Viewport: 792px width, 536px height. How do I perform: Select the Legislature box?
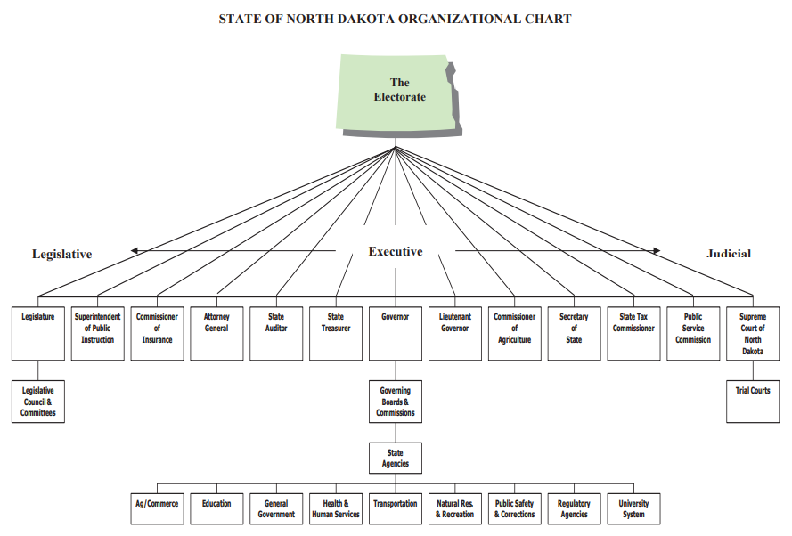coord(38,334)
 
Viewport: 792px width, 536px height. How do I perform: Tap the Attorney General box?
coord(216,334)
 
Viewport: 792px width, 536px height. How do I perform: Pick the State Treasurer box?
coord(336,334)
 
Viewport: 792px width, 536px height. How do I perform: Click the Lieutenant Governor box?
coord(455,334)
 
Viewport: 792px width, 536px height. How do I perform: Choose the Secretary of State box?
coord(575,334)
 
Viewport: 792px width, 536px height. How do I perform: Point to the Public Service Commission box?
coord(693,334)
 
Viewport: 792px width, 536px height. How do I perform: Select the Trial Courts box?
coord(753,402)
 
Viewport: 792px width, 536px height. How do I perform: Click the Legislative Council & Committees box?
coord(38,402)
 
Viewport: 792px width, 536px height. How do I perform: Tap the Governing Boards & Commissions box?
coord(396,402)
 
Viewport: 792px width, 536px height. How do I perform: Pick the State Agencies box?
coord(396,459)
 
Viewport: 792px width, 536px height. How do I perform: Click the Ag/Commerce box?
coord(157,508)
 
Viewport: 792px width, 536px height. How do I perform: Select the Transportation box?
coord(396,508)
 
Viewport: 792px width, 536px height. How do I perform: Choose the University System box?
coord(634,508)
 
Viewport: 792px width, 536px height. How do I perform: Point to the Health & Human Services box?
coord(336,508)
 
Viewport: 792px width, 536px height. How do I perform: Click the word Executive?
coord(396,251)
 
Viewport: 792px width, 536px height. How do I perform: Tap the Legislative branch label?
coord(62,254)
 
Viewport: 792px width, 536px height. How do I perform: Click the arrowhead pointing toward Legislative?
coord(134,250)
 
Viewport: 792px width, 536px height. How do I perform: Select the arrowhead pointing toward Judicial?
coord(657,250)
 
